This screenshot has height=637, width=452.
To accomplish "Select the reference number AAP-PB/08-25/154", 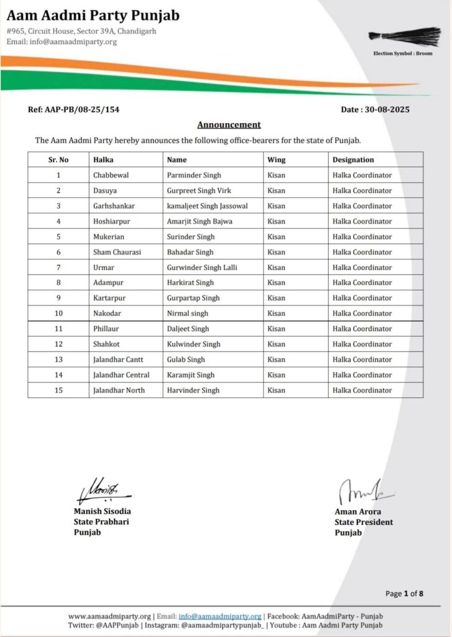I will click(x=74, y=109).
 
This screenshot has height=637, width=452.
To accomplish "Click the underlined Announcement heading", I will click(x=229, y=124).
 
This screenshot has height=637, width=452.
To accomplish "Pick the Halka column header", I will click(x=103, y=160).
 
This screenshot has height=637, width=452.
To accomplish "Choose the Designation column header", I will click(x=353, y=160).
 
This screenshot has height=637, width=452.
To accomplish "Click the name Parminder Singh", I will click(x=194, y=175).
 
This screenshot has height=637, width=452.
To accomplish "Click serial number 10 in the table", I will click(x=58, y=314).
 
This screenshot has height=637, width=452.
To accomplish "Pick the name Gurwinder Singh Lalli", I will click(x=202, y=267).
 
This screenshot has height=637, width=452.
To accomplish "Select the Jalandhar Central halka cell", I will click(x=121, y=375).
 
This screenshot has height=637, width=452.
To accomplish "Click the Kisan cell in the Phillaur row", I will click(x=276, y=329).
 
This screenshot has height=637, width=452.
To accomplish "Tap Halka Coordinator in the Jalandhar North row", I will click(x=362, y=391).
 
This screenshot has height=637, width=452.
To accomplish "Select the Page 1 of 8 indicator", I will click(x=405, y=593).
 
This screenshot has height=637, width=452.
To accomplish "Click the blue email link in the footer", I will click(x=219, y=616).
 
